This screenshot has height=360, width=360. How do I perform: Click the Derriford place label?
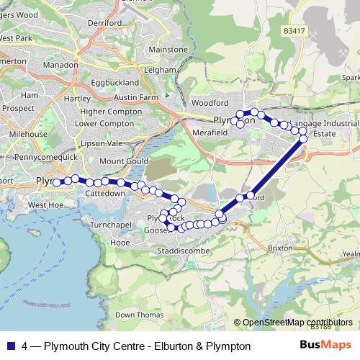pyautogui.click(x=105, y=23)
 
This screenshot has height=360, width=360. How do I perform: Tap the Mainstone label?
pyautogui.click(x=168, y=50)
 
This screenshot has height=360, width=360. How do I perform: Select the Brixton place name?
pyautogui.click(x=280, y=248)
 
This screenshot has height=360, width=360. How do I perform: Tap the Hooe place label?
pyautogui.click(x=120, y=243)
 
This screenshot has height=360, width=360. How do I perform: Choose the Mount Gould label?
pyautogui.click(x=122, y=161)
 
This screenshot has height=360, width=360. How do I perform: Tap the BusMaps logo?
pyautogui.click(x=325, y=345)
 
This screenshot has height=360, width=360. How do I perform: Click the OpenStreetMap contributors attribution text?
pyautogui.click(x=297, y=323)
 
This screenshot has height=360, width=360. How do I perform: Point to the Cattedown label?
pyautogui.click(x=106, y=194)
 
